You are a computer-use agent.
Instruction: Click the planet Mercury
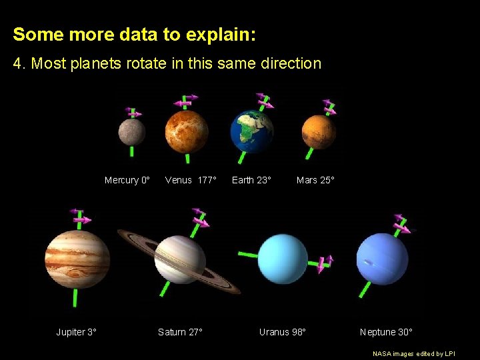(x=131, y=132)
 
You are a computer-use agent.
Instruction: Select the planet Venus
(x=187, y=131)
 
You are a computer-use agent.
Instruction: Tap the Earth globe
(x=252, y=131)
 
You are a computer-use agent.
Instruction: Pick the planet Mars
(x=318, y=131)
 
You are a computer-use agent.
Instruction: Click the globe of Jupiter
(x=77, y=259)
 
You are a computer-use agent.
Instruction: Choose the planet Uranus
(x=283, y=259)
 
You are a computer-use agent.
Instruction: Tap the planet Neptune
(x=382, y=259)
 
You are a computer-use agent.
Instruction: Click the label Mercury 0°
(x=127, y=180)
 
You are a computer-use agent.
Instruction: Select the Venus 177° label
(x=191, y=180)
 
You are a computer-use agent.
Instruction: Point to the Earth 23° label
(x=251, y=180)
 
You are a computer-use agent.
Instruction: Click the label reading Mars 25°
(x=315, y=180)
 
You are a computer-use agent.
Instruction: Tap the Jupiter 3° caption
(x=76, y=332)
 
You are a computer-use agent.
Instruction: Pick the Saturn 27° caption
(x=180, y=332)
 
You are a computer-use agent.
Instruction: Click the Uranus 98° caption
(x=282, y=332)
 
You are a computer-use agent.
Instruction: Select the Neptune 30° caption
(x=386, y=332)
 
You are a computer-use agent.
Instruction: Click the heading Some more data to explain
(x=134, y=35)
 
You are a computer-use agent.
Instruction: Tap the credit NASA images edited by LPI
(x=413, y=353)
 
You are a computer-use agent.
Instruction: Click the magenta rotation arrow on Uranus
(x=325, y=264)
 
